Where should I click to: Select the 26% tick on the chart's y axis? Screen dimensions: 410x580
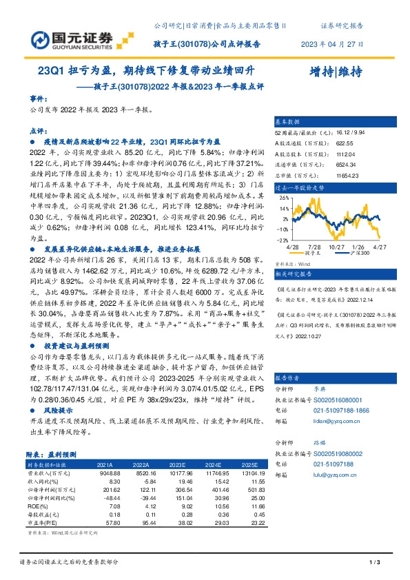[x=282, y=198]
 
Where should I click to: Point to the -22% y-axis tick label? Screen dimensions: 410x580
[x=281, y=239]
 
